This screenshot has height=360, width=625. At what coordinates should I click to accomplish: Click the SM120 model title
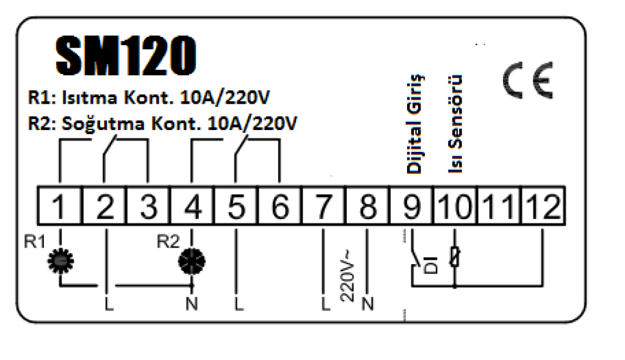pos(126,56)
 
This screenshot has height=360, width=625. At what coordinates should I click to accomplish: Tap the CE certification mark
pos(528,80)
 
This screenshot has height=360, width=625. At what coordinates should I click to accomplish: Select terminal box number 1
pos(59,206)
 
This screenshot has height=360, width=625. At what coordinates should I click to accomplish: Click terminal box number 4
pos(192,206)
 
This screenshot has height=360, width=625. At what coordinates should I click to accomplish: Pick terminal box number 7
pos(323,206)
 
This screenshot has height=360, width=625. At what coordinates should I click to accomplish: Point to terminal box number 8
pos(367,206)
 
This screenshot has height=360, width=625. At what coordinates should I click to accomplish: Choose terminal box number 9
pos(411,206)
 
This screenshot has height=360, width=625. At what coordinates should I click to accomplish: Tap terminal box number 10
pos(455,206)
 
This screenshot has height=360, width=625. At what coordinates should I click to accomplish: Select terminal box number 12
pos(543,206)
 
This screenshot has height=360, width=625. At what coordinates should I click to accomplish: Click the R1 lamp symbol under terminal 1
pos(60,261)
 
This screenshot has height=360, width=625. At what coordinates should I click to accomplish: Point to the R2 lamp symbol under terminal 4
pos(192,262)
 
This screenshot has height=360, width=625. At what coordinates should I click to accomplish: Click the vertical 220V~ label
pos(347,276)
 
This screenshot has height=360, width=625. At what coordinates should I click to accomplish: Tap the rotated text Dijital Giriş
pos(415,124)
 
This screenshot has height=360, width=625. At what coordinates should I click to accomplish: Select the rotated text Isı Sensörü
pos(455,124)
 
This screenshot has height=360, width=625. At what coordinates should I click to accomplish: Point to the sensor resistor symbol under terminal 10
pos(455,256)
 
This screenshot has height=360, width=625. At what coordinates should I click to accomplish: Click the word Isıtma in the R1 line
pos(89,97)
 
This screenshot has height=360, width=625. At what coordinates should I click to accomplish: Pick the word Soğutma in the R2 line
pos(103,124)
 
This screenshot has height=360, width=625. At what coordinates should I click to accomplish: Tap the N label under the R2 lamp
pos(192,304)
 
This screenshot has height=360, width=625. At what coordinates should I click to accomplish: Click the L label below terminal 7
pos(326,304)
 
